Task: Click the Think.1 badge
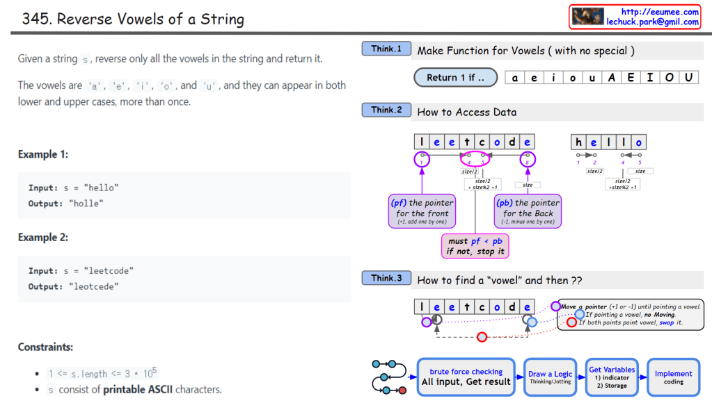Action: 386,49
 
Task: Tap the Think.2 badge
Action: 386,110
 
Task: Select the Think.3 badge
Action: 386,279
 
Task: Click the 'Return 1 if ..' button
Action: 456,77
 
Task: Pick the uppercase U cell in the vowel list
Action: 688,78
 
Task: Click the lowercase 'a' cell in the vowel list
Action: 515,78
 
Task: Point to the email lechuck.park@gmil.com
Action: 652,22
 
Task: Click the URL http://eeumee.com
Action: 660,12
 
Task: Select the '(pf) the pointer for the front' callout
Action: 422,211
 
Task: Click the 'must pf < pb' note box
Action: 475,246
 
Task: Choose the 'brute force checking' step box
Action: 466,377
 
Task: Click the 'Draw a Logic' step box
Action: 550,377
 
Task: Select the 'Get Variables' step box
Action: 612,377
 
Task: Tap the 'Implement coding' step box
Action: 673,377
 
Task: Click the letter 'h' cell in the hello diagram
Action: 578,142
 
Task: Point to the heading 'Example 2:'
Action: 43,238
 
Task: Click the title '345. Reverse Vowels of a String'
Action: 133,19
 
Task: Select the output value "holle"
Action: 86,204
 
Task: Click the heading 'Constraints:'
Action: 45,347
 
